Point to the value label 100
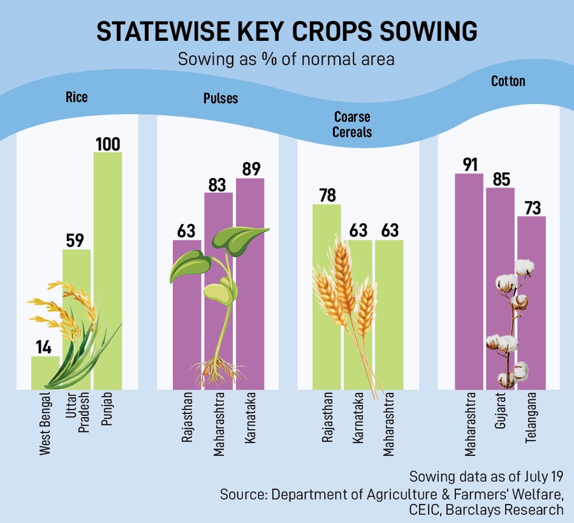(x=107, y=144)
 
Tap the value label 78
(x=327, y=195)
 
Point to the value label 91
(x=469, y=164)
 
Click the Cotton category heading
(x=508, y=81)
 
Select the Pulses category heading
(x=221, y=98)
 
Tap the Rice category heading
(x=77, y=98)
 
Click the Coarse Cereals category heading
(x=351, y=125)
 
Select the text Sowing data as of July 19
(x=487, y=477)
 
